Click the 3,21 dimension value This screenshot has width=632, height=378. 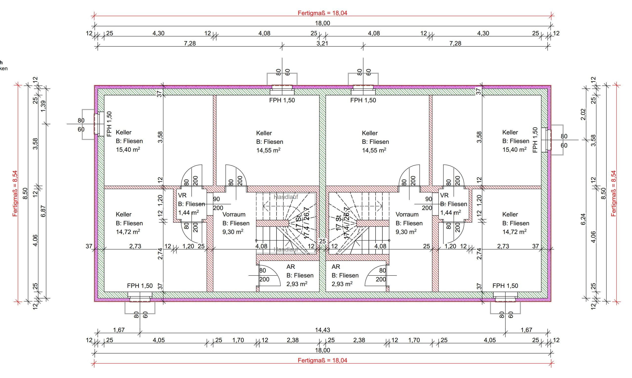322,43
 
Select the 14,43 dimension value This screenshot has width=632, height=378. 322,330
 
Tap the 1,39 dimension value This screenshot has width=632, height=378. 43,106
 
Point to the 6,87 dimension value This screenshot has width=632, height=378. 43,211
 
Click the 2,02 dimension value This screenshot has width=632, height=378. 583,114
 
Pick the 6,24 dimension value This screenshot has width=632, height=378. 583,219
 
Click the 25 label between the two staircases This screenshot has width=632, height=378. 322,241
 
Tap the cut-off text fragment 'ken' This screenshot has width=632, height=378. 3,68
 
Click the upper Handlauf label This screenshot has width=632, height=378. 286,197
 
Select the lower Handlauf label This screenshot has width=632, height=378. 286,250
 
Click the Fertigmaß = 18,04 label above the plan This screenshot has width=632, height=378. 322,13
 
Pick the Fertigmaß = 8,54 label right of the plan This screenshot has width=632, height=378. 614,193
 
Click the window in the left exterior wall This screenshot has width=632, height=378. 97,124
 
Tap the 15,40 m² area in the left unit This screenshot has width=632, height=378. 128,149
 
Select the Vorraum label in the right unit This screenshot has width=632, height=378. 407,214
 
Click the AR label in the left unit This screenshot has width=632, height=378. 290,267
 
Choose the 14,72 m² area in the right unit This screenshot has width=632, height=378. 514,232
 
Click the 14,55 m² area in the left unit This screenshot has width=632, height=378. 268,150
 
